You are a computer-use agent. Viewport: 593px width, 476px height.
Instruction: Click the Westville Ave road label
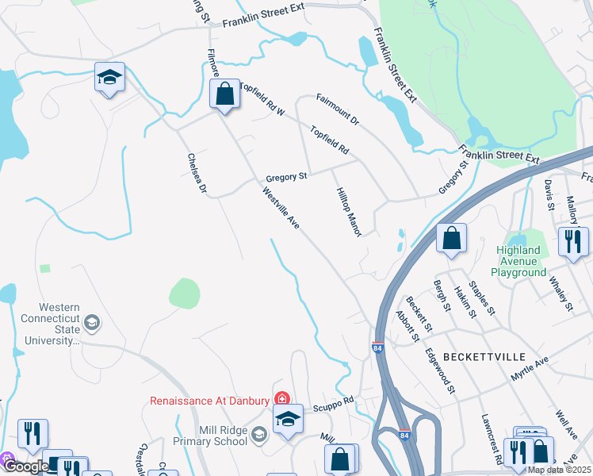pyautogui.click(x=281, y=207)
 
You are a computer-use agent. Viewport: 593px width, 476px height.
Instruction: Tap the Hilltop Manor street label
pyautogui.click(x=349, y=212)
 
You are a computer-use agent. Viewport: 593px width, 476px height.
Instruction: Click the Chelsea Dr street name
pyautogui.click(x=196, y=174)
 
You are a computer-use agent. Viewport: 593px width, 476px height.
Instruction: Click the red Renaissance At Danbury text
pyautogui.click(x=210, y=400)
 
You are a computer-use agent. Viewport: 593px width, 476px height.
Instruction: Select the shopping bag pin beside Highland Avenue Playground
pyautogui.click(x=451, y=238)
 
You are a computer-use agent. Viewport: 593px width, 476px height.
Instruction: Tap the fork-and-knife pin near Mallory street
pyautogui.click(x=573, y=240)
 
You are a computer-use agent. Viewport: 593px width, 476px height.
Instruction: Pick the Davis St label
pyautogui.click(x=548, y=194)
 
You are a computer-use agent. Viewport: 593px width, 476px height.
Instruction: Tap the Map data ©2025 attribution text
pyautogui.click(x=559, y=470)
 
